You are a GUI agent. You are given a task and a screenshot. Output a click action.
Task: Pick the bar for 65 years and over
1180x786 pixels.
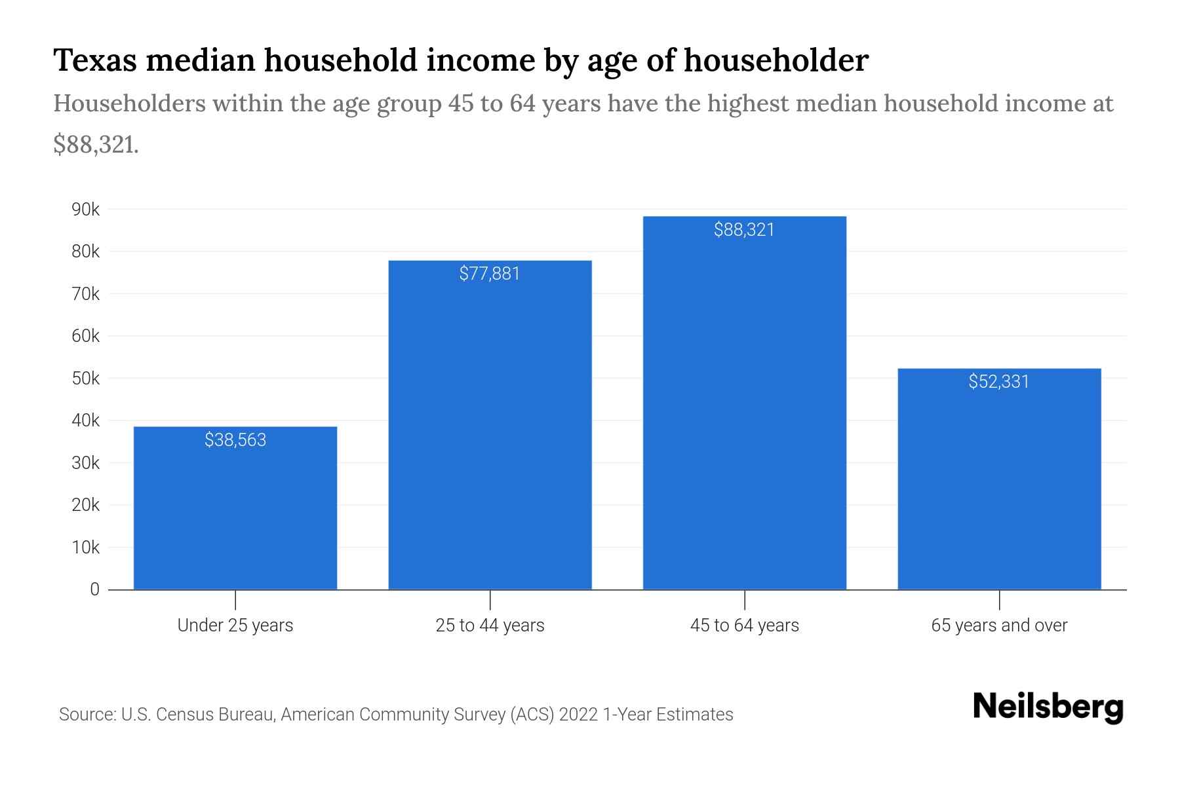pos(999,485)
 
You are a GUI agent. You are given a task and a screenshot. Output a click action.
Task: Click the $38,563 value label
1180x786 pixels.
pos(235,440)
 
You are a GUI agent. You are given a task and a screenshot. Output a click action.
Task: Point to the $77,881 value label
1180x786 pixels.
pos(490,273)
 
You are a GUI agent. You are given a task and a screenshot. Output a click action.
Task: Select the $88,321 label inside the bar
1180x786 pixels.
pos(744,229)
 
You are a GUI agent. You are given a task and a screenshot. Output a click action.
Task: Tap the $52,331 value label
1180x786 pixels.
pos(999,381)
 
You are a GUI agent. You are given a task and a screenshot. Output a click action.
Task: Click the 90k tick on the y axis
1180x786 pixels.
pos(86,210)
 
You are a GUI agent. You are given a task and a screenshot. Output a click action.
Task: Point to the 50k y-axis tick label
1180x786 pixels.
pos(86,379)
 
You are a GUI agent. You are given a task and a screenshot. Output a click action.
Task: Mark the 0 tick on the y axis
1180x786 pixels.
pos(94,589)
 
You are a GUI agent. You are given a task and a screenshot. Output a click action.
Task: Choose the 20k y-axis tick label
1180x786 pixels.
pos(86,505)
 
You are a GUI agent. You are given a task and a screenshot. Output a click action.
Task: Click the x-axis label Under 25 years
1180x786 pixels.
pos(235,625)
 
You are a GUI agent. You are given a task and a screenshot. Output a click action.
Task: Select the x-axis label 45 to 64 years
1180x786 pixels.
pos(744,625)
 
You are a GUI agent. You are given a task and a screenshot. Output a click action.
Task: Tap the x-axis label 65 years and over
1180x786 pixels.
pos(999,625)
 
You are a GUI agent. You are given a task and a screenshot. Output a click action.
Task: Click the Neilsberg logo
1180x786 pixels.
pos(1048,707)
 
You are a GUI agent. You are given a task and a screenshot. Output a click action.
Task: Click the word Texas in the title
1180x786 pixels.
pos(95,60)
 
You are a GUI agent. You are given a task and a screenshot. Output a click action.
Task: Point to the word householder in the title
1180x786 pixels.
pos(777,60)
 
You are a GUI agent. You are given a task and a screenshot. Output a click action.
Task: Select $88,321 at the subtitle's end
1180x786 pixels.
pos(96,145)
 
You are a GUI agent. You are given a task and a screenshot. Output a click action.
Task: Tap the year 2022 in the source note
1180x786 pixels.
pos(579,714)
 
